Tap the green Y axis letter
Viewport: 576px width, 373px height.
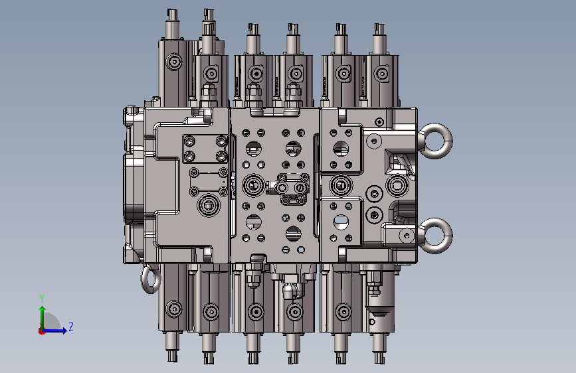pos(42,299)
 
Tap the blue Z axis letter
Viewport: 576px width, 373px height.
pos(71,327)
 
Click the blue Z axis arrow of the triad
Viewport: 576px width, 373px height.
pos(55,331)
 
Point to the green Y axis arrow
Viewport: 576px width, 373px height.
pos(43,317)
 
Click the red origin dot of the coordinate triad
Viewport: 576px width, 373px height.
pos(41,331)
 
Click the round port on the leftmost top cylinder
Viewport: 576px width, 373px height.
pos(174,61)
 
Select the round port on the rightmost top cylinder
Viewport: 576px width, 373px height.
pos(382,74)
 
